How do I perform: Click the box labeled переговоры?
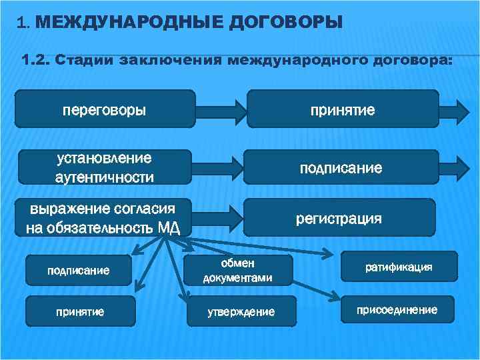(x=105, y=109)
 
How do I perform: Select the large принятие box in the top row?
(x=343, y=109)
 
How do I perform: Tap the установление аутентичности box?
(x=105, y=167)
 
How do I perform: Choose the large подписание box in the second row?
(x=341, y=167)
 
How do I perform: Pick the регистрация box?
(x=339, y=218)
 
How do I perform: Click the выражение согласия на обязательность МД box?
(x=105, y=218)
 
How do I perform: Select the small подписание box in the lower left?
(x=78, y=270)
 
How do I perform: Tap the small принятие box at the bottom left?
(x=79, y=311)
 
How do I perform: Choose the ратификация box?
(x=399, y=267)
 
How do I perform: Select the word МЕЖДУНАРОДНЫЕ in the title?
(x=125, y=23)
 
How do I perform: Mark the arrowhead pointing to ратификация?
(x=329, y=254)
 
